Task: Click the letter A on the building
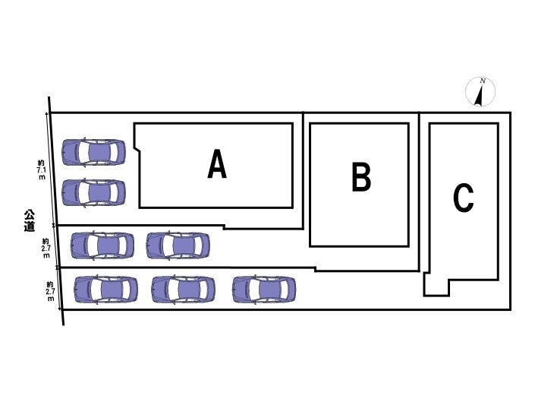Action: point(217,165)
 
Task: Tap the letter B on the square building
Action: point(361,179)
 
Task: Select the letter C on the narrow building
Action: point(464,198)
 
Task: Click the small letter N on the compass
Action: point(483,81)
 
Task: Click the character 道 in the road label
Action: point(29,226)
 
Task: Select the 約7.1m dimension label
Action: point(41,169)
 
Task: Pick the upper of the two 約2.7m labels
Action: point(46,249)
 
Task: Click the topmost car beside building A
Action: point(94,153)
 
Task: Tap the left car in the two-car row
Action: point(102,245)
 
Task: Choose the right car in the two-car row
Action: point(178,245)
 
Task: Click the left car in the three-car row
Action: point(106,290)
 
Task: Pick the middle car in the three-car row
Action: point(183,290)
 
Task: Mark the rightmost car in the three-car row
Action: point(264,290)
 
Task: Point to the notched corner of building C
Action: point(437,286)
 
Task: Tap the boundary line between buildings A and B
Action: point(304,171)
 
